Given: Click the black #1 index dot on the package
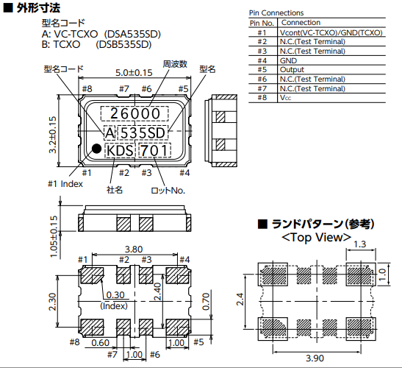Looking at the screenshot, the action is [x=97, y=149].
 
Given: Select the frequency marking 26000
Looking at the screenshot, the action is [x=134, y=113].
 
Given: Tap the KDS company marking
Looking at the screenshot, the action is [x=120, y=150].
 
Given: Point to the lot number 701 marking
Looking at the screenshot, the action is [x=154, y=150].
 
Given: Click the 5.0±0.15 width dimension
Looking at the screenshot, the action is [x=134, y=73].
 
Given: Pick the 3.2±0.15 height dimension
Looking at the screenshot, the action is [x=52, y=135].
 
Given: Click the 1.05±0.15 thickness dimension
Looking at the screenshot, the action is [x=54, y=236].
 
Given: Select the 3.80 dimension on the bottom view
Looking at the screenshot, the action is [x=134, y=249].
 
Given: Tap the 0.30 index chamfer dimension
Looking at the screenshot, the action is [x=115, y=295].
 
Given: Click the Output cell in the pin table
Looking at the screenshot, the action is [x=292, y=70].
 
